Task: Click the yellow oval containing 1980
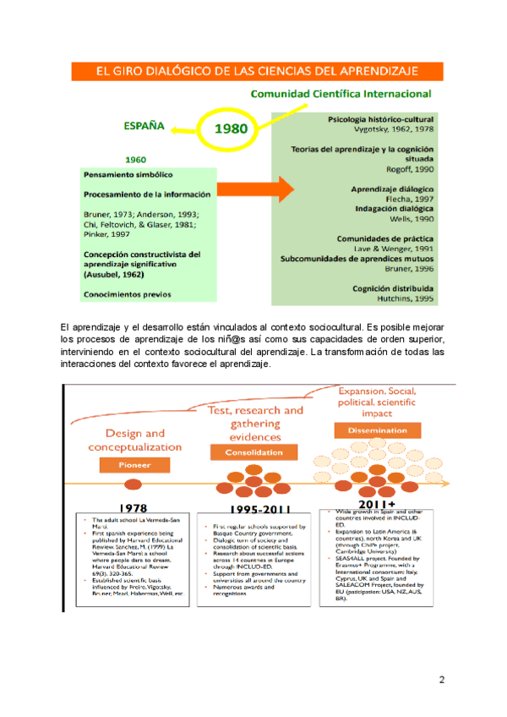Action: pos(231,130)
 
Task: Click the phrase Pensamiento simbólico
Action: pos(128,174)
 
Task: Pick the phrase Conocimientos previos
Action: pos(127,294)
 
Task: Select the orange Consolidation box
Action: pos(253,452)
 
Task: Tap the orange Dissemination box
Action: pos(376,431)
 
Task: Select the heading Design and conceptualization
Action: pos(135,441)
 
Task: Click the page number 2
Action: pos(441,681)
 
